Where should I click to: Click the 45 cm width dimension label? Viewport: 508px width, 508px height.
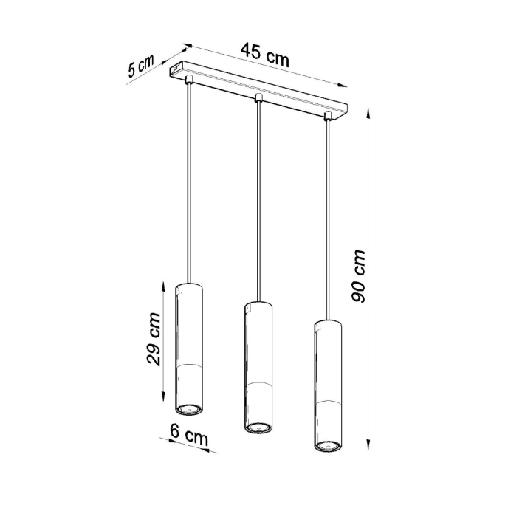264,55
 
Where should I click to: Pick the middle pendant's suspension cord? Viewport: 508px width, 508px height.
258,199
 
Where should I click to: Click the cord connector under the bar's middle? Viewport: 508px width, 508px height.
258,98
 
